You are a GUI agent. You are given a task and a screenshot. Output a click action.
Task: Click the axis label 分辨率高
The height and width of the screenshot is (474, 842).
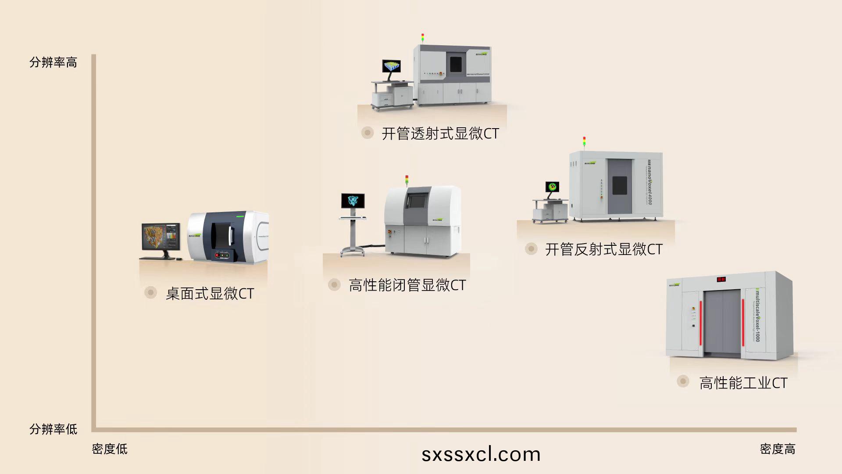click(x=53, y=62)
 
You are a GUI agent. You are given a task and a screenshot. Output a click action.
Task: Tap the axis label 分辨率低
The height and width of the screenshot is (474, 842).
click(x=53, y=429)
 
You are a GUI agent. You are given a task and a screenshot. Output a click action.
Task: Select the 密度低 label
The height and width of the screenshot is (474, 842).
click(x=110, y=449)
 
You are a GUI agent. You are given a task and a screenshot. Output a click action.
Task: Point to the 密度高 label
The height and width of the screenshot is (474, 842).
click(x=778, y=449)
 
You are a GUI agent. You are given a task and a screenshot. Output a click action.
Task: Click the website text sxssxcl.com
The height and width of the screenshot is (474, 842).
click(x=481, y=454)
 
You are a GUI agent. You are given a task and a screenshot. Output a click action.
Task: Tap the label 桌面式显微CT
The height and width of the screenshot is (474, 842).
click(x=210, y=294)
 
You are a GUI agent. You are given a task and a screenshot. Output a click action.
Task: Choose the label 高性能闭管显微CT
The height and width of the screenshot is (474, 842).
click(x=407, y=285)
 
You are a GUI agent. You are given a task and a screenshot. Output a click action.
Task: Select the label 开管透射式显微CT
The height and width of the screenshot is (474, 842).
click(x=440, y=133)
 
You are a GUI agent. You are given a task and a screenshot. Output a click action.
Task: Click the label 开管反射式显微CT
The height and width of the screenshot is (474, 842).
click(x=603, y=249)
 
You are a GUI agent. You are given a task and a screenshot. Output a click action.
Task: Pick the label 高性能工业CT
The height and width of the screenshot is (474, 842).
click(x=743, y=383)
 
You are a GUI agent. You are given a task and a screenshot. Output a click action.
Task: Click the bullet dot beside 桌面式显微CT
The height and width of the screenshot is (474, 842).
click(x=150, y=292)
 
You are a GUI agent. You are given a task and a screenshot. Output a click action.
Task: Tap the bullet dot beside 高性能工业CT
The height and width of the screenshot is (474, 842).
click(x=683, y=381)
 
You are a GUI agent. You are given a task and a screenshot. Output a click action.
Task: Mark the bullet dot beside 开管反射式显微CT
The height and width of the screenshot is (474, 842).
click(x=531, y=249)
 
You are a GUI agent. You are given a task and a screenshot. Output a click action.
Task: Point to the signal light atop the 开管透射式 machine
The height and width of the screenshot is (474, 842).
click(x=423, y=37)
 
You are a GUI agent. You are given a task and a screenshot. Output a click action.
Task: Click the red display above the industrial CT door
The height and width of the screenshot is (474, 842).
click(x=721, y=279)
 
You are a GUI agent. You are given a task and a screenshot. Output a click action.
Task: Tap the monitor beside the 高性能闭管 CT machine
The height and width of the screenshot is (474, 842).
click(x=353, y=201)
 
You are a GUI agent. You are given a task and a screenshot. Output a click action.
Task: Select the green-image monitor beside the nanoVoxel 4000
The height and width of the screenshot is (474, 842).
click(x=553, y=187)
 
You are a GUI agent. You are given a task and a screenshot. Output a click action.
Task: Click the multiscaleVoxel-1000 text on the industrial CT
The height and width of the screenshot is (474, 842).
click(x=757, y=315)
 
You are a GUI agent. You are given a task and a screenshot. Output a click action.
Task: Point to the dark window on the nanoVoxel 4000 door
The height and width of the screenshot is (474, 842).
click(x=619, y=185)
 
